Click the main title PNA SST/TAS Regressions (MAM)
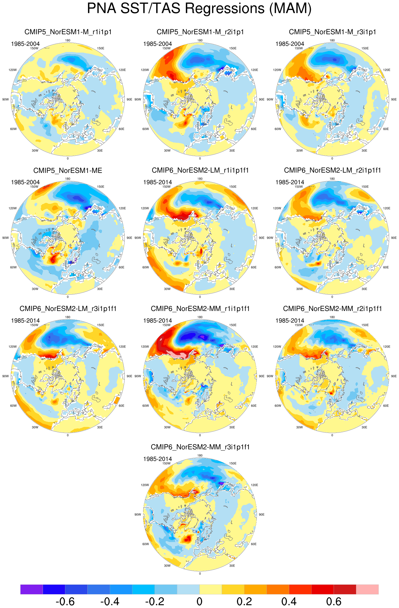click(x=199, y=8)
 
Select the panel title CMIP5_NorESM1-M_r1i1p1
click(x=68, y=32)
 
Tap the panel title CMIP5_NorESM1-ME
click(x=68, y=170)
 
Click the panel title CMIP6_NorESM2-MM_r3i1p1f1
click(x=200, y=447)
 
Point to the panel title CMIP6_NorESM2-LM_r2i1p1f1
click(x=332, y=170)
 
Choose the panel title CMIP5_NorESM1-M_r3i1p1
click(x=332, y=32)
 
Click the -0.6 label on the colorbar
click(x=65, y=601)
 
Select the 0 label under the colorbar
click(x=199, y=601)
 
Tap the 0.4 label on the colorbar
click(x=289, y=601)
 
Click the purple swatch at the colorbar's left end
click(x=32, y=589)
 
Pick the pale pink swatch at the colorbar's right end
click(x=367, y=589)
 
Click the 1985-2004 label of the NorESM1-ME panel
click(x=25, y=182)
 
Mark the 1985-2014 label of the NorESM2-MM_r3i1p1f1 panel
click(x=158, y=459)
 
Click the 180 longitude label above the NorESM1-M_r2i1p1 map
click(x=200, y=40)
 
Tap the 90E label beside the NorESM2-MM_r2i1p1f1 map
click(x=394, y=376)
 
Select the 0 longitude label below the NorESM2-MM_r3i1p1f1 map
click(x=200, y=574)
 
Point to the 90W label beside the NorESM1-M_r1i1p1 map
click(x=6, y=100)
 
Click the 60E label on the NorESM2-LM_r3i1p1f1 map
click(x=122, y=406)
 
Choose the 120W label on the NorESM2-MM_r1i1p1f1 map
click(x=145, y=347)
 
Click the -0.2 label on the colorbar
click(x=155, y=601)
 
